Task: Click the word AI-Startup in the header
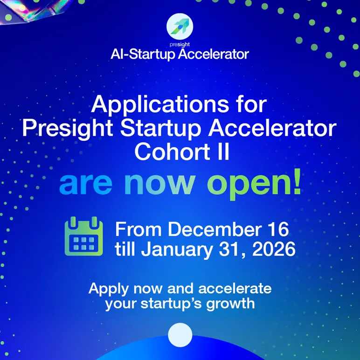(138, 54)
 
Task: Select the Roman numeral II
(221, 152)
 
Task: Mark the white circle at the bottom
(180, 335)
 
